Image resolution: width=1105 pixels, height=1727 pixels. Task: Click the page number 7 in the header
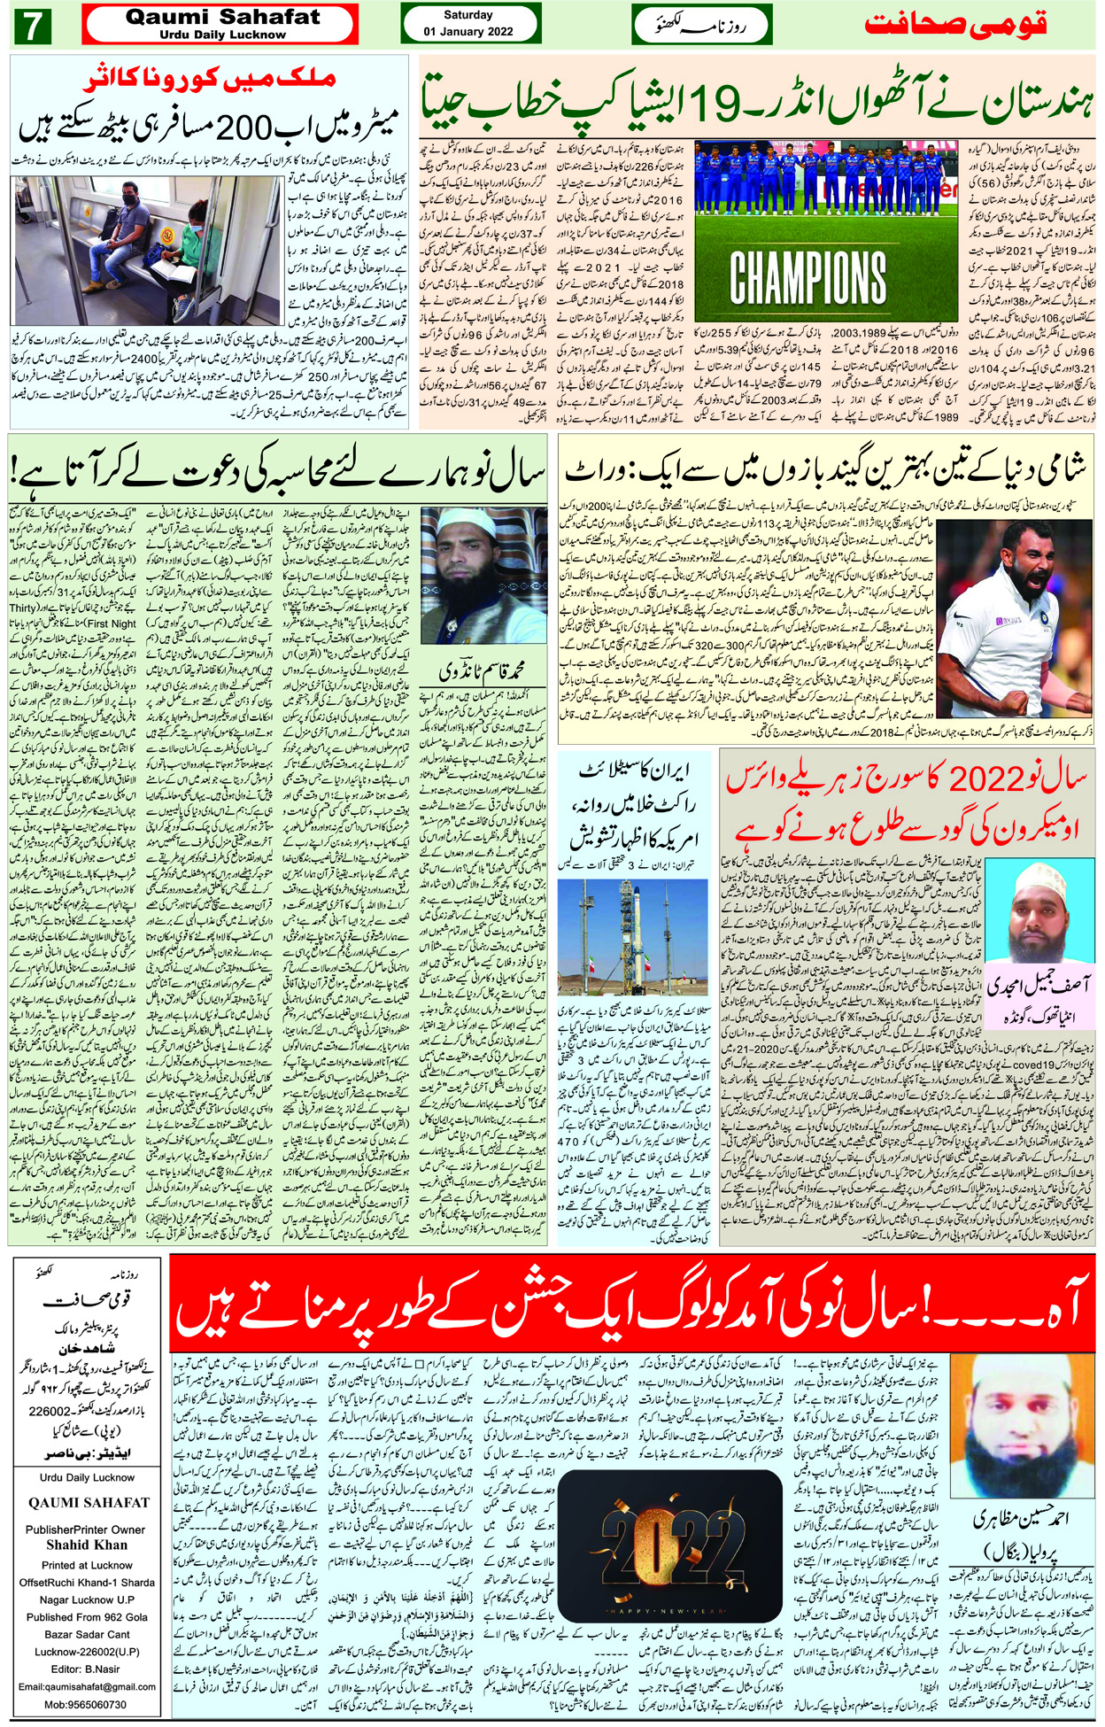(x=33, y=26)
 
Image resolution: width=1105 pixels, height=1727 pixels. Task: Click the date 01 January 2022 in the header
(x=468, y=31)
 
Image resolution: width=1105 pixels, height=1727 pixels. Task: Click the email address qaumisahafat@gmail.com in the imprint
(x=88, y=1687)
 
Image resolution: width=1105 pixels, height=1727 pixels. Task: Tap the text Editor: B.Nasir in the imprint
(x=86, y=1669)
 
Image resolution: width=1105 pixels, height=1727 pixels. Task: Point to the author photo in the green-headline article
(x=459, y=576)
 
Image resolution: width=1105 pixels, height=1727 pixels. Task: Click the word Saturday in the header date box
(x=468, y=15)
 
